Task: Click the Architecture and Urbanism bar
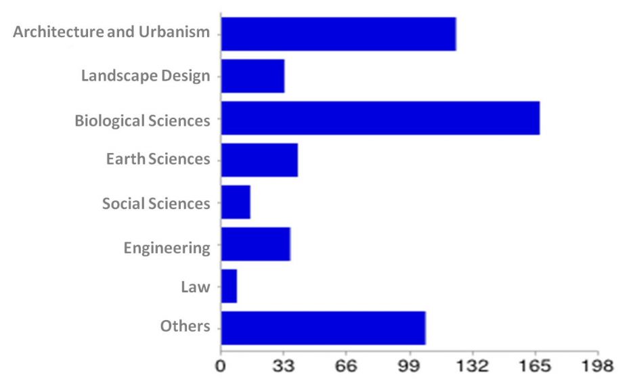click(x=338, y=34)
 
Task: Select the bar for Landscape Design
click(x=252, y=76)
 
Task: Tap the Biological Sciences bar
click(x=380, y=118)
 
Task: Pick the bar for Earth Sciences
click(x=259, y=160)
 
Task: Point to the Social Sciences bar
click(x=236, y=202)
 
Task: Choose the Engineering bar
click(x=255, y=244)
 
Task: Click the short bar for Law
click(x=229, y=286)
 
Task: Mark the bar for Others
click(x=323, y=328)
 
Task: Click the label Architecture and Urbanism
click(x=112, y=32)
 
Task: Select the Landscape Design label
click(x=146, y=75)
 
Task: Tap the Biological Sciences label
click(x=142, y=121)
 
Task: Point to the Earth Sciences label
click(x=158, y=159)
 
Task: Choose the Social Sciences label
click(x=156, y=203)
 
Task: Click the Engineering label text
click(x=167, y=248)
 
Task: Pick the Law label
click(x=195, y=287)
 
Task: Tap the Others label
click(x=185, y=326)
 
